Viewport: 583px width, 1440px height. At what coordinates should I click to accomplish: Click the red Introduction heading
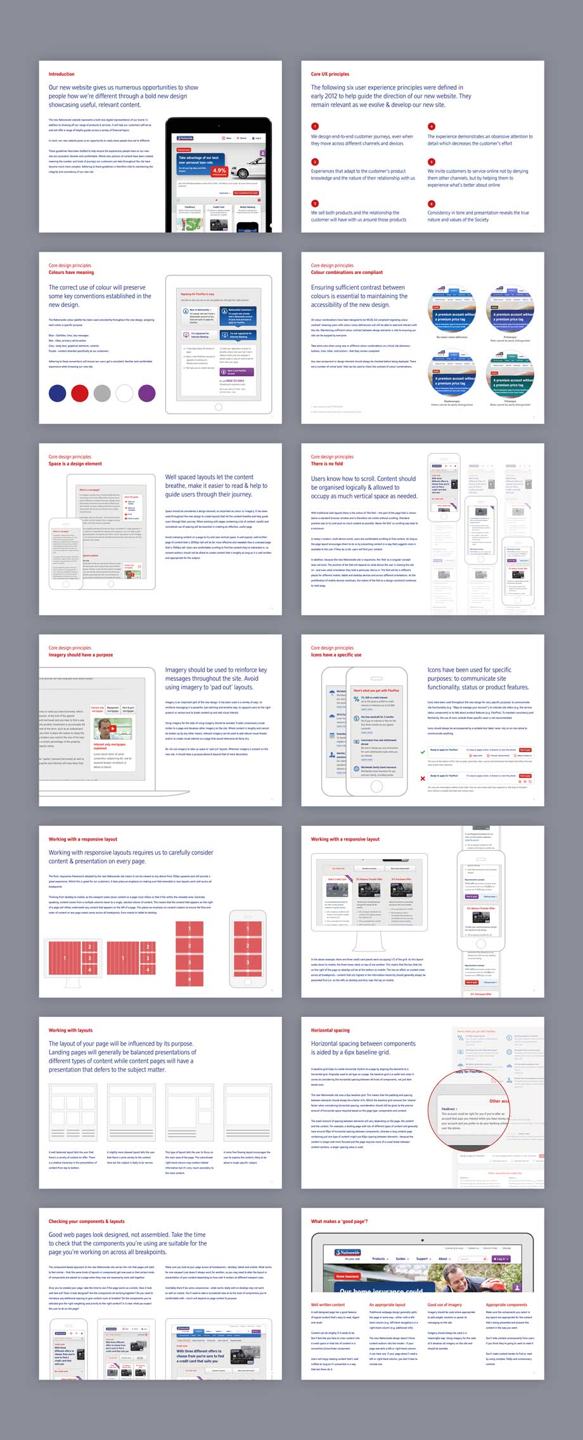tap(61, 74)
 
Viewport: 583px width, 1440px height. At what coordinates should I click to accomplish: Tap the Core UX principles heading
tap(330, 74)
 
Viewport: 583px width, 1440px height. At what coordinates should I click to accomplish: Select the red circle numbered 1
tap(315, 126)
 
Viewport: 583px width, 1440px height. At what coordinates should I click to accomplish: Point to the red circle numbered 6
tap(432, 204)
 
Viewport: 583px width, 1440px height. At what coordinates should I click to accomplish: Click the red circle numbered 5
tap(432, 162)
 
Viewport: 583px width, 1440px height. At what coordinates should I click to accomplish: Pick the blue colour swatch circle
tap(58, 393)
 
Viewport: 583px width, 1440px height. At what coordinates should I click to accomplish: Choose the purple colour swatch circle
tap(146, 393)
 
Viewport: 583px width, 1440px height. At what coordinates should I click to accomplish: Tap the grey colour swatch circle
tap(102, 393)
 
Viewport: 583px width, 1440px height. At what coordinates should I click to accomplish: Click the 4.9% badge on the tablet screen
tap(219, 170)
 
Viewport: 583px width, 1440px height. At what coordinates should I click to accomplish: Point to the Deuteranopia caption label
tap(452, 401)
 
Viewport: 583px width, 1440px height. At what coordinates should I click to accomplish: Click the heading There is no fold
tap(327, 464)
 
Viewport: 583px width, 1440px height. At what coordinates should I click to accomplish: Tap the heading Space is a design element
tap(75, 464)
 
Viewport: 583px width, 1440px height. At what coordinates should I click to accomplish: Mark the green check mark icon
tap(423, 752)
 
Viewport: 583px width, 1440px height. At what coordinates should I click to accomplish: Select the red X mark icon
tap(423, 778)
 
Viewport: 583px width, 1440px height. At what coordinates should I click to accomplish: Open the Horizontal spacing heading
tap(330, 1030)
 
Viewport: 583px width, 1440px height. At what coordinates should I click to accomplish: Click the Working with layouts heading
tap(70, 1030)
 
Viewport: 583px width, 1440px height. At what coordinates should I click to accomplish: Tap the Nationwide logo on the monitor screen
tap(343, 1253)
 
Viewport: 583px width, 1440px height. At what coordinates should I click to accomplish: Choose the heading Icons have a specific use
tap(336, 655)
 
